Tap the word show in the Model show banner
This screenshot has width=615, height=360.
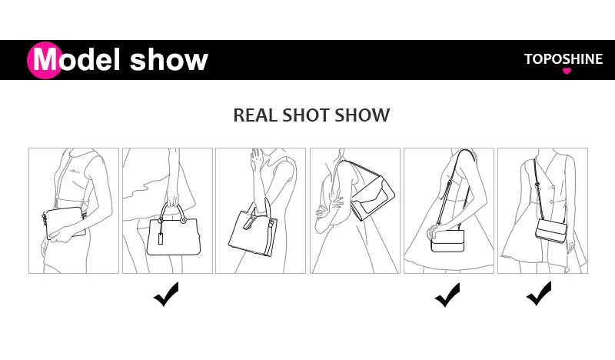[169, 60]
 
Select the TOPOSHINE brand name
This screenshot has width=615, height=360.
[563, 59]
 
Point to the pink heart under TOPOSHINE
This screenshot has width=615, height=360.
[567, 72]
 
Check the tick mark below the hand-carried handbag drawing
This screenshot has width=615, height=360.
[166, 294]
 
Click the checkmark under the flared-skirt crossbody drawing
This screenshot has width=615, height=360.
[447, 294]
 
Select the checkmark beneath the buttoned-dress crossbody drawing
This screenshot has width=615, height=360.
[539, 294]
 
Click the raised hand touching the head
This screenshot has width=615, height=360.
[258, 162]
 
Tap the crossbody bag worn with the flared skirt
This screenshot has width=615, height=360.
[447, 240]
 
